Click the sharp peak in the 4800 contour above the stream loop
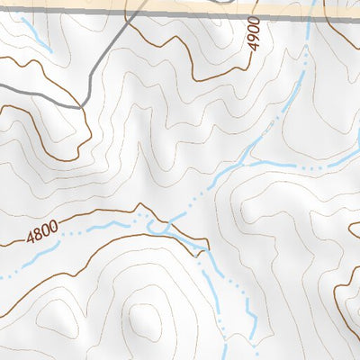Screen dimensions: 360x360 pyautogui.click(x=140, y=206)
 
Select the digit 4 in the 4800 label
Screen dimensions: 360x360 pyautogui.click(x=30, y=240)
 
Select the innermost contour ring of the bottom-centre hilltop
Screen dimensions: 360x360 pyautogui.click(x=142, y=319)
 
